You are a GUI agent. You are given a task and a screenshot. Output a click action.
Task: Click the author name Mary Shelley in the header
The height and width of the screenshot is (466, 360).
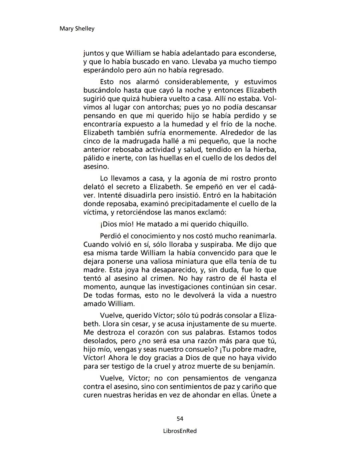[77, 29]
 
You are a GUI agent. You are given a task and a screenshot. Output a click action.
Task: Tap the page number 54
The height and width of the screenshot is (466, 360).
[180, 419]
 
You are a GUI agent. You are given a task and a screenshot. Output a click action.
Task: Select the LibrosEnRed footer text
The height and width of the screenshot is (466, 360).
[180, 431]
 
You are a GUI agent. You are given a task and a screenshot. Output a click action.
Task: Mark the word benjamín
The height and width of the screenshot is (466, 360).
[258, 366]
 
